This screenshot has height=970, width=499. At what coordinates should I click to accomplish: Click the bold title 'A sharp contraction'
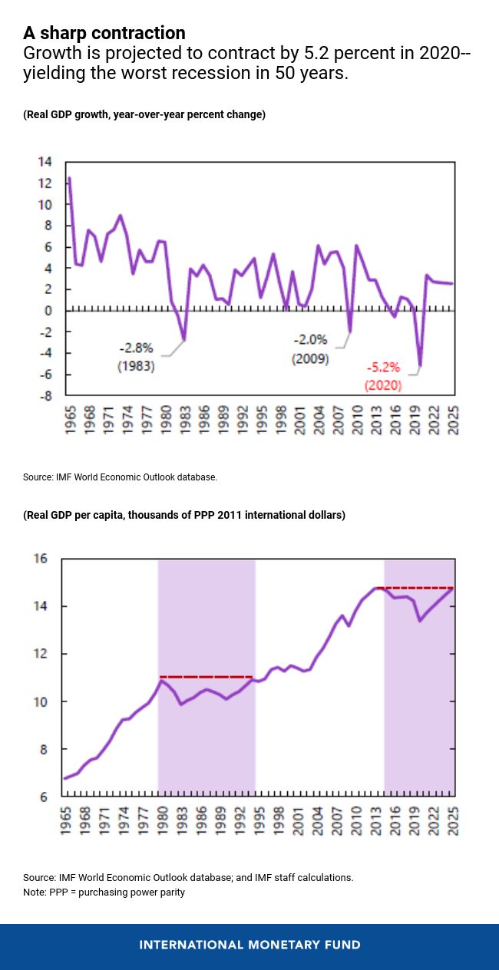coord(104,33)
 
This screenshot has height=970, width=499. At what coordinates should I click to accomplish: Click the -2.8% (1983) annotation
coord(136,357)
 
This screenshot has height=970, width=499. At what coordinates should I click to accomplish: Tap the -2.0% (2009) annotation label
coord(310,348)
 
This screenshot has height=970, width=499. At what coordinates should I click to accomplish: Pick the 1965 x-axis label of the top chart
coord(70,421)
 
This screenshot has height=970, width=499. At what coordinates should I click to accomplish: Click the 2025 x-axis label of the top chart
coord(454,421)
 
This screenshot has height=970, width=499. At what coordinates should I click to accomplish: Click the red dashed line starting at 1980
coord(206,677)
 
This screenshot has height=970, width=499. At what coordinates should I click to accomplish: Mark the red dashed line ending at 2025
coord(418,588)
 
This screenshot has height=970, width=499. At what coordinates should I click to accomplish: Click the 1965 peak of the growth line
coord(70,179)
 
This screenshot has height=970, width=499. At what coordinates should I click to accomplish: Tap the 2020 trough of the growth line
coord(420,365)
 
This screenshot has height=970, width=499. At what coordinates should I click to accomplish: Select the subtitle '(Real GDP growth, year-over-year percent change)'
coord(144,115)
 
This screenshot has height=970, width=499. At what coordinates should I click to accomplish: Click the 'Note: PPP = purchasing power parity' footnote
coord(104,892)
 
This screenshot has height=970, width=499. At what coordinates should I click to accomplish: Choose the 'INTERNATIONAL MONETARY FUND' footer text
coord(249,945)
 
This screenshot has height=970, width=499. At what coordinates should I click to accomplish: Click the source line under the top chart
coord(121,477)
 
